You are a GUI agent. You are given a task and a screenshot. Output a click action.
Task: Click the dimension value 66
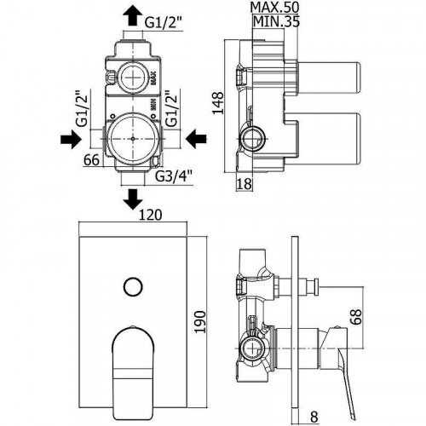tap(92, 158)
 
